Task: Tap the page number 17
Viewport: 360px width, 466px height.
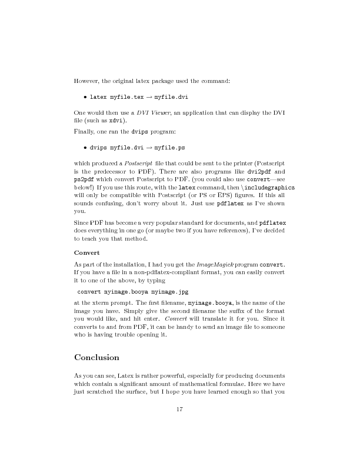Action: point(180,410)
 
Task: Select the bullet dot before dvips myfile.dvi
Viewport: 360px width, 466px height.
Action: point(86,148)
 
